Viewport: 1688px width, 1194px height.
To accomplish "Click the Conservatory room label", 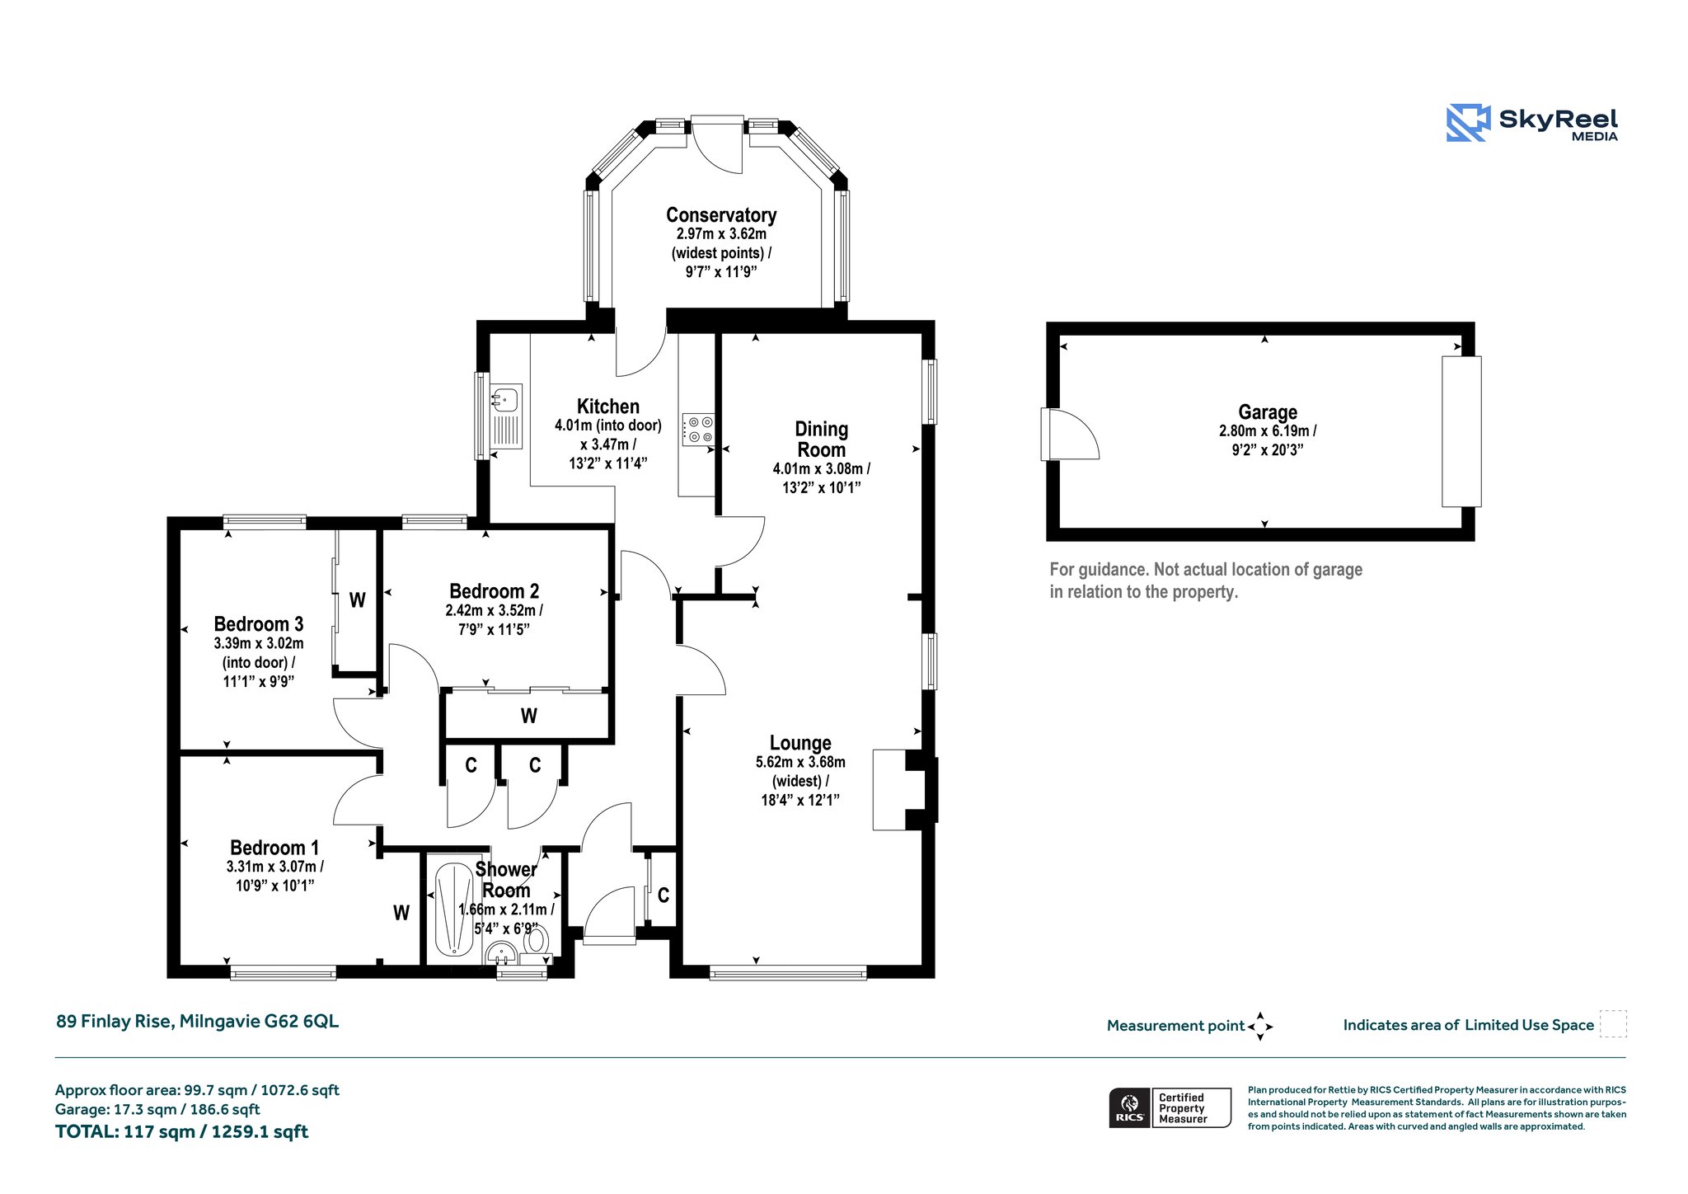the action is [x=721, y=215].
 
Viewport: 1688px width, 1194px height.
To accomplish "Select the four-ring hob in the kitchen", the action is [x=698, y=429].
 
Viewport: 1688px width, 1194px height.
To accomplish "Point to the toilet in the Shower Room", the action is [x=536, y=940].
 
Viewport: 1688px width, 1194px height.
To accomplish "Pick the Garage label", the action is [x=1268, y=412].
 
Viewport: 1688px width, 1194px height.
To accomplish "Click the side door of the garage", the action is [x=1070, y=434].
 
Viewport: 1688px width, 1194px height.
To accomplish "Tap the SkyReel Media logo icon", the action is [x=1468, y=123].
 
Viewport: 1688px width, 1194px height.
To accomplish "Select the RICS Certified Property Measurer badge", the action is [x=1170, y=1107].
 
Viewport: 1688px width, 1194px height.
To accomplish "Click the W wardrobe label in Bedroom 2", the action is [x=529, y=716].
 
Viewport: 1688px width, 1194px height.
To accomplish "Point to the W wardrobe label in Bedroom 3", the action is [x=357, y=600].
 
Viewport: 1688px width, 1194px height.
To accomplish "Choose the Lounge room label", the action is [x=800, y=743].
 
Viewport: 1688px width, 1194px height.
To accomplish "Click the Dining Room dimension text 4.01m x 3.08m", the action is [x=822, y=468].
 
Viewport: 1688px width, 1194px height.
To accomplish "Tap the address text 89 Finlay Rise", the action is [x=115, y=1021].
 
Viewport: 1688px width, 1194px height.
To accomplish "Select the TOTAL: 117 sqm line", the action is [x=181, y=1131].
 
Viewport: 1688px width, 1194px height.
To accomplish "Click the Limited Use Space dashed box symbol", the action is [x=1613, y=1023].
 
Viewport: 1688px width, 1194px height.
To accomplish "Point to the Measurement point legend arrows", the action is [x=1260, y=1027].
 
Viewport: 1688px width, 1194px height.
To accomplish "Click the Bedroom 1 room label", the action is [x=274, y=848].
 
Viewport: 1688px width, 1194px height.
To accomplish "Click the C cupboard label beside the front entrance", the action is [x=663, y=895].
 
